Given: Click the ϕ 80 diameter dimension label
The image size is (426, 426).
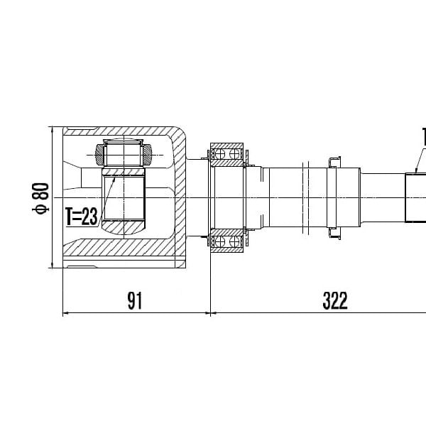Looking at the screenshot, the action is point(40,199).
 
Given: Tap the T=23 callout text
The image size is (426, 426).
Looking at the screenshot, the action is point(82,217).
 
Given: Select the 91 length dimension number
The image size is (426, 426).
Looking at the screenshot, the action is point(135,301).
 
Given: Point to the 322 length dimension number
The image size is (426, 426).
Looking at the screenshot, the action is point(335,301).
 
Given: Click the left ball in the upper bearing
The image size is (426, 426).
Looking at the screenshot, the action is point(219,154).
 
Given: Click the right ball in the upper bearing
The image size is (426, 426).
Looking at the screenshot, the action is point(234,154).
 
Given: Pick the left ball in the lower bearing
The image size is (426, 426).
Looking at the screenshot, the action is point(219,241).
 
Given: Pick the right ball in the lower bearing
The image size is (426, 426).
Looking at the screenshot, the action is point(234,241).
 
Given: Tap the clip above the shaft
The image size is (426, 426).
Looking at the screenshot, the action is point(334,162).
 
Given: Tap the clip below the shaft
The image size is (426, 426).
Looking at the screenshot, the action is point(334,233).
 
